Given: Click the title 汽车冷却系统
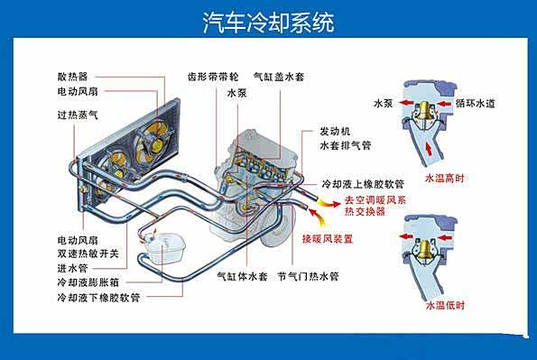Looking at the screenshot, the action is click(x=269, y=23).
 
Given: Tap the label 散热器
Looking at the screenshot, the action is click(x=72, y=77).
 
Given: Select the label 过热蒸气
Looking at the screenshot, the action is click(x=78, y=115).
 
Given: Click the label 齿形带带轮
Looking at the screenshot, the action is click(x=213, y=77).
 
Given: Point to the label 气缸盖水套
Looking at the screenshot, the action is click(x=279, y=77).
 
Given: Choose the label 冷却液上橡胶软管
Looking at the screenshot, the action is click(x=363, y=184).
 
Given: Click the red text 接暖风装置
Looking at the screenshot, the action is click(x=327, y=239).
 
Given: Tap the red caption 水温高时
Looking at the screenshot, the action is click(x=445, y=178).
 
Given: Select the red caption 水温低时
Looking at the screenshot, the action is click(x=445, y=305).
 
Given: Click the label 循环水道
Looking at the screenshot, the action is click(x=476, y=103).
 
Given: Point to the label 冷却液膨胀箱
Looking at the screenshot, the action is click(x=88, y=282).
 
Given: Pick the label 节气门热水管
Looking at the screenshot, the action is click(x=309, y=276).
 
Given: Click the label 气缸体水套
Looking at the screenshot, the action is click(x=242, y=276).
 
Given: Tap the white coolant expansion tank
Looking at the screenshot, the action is click(x=165, y=247).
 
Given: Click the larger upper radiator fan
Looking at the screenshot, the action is click(x=152, y=143).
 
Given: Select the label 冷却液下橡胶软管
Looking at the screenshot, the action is click(x=98, y=298).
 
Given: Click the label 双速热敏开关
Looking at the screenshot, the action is click(x=88, y=254).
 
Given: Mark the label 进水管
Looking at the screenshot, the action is click(x=72, y=268).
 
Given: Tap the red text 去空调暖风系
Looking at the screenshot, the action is click(x=375, y=200).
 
